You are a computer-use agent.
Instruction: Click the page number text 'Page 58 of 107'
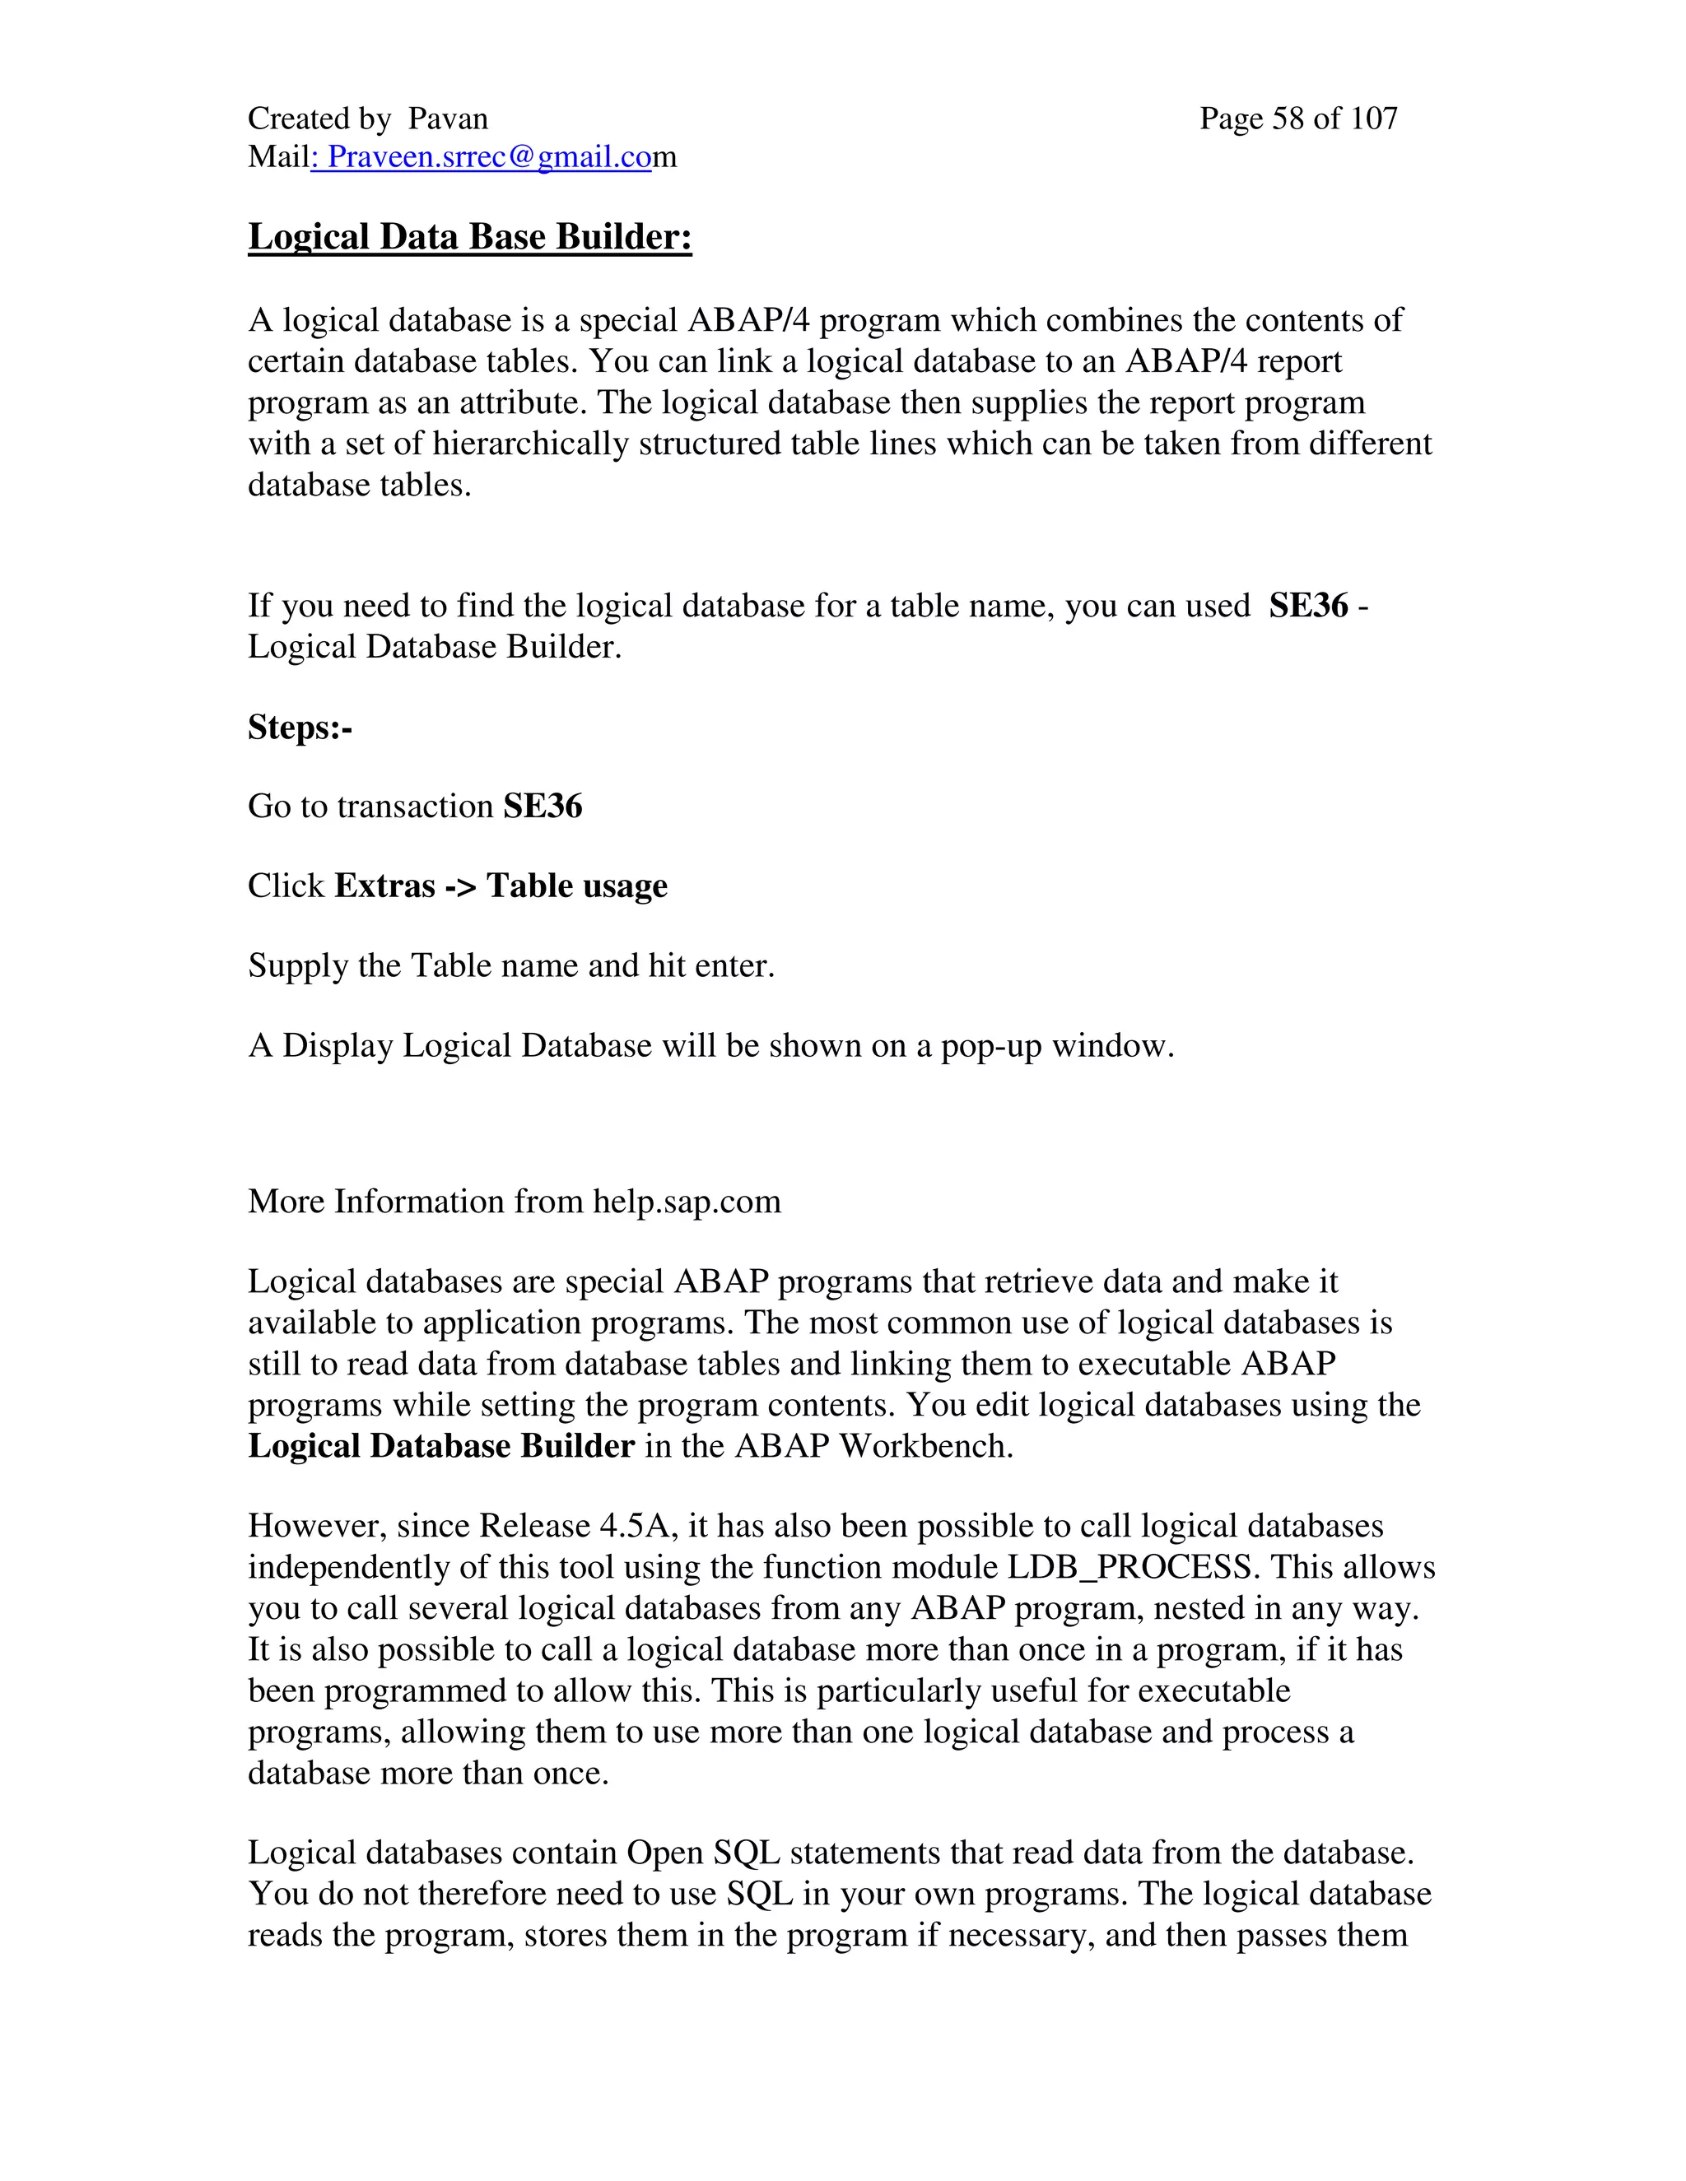[1297, 119]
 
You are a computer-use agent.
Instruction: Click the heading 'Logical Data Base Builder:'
[469, 238]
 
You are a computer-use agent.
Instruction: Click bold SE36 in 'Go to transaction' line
[543, 807]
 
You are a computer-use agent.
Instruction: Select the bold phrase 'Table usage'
[576, 886]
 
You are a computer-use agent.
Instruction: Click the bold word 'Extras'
[384, 886]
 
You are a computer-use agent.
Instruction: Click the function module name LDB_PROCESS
[1129, 1568]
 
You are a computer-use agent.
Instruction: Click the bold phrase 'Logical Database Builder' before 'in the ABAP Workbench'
[440, 1447]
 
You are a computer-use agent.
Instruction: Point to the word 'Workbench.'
[926, 1447]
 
